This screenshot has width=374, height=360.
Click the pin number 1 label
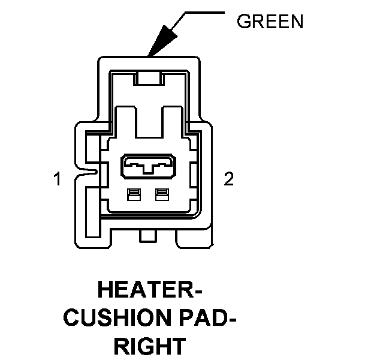58,179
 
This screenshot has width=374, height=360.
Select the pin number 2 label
228,179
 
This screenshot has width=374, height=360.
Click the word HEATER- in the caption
149,292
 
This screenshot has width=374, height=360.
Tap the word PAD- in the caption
204,319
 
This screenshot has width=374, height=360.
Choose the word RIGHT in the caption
149,346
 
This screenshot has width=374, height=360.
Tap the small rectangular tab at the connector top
148,77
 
